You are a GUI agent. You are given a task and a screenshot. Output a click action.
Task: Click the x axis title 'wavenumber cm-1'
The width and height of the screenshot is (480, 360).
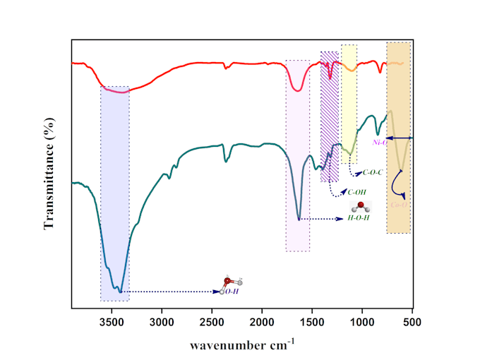point(242,345)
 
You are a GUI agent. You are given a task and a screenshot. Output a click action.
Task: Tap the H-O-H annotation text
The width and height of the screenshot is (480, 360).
point(358,219)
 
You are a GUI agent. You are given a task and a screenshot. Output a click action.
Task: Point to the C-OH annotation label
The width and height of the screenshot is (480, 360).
point(356,192)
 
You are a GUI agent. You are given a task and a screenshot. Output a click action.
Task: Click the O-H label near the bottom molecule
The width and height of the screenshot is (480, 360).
point(232,291)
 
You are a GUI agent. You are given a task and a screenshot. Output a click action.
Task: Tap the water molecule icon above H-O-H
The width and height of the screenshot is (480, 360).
point(361,207)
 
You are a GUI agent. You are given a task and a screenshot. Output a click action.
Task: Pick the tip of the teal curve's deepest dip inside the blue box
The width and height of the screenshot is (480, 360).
point(121,291)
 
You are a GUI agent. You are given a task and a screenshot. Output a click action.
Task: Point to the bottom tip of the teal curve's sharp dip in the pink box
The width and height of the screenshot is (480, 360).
point(299,220)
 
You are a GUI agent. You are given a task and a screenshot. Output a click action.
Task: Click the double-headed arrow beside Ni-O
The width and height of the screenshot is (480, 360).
point(400,137)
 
